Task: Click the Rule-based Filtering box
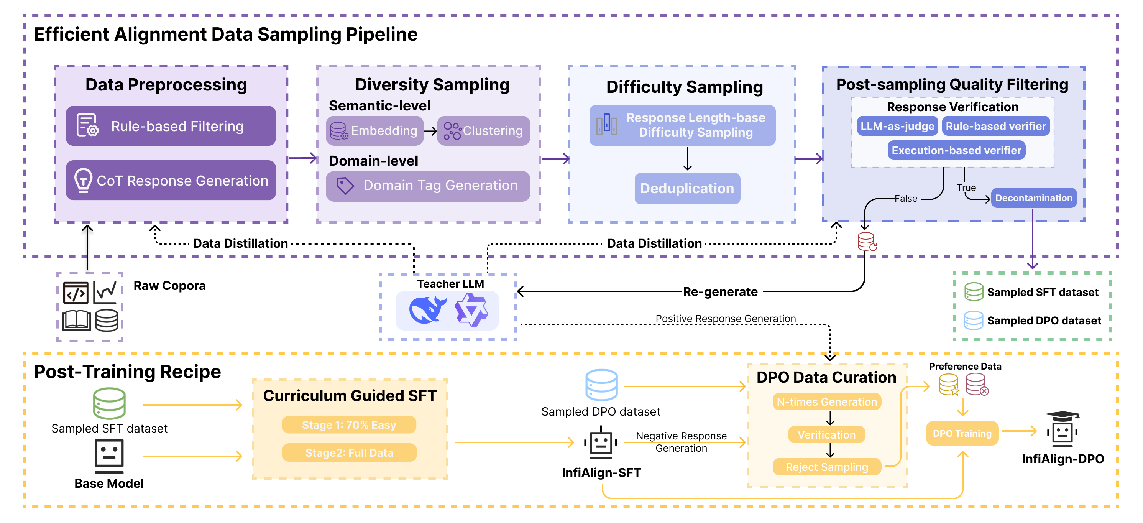(x=171, y=126)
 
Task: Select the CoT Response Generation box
(x=171, y=180)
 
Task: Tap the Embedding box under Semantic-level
(x=374, y=130)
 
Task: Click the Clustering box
(x=484, y=130)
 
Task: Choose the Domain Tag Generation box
(x=428, y=186)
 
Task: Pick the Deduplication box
(x=687, y=189)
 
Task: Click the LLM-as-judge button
(x=897, y=126)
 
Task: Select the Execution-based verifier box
(x=956, y=151)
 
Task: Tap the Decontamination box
(x=1033, y=198)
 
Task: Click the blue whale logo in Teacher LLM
(x=427, y=310)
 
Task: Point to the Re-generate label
(x=720, y=292)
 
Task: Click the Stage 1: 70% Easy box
(x=349, y=425)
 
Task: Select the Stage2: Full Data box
(x=349, y=453)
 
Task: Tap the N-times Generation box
(x=827, y=402)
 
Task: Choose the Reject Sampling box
(x=827, y=467)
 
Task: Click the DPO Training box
(x=962, y=433)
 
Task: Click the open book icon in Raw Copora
(x=76, y=320)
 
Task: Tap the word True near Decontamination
(x=966, y=188)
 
